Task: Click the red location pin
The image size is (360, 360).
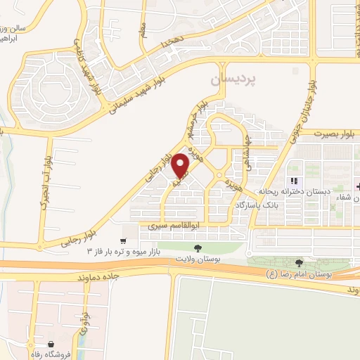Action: pos(181,165)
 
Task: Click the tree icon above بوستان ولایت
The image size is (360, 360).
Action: pos(198,247)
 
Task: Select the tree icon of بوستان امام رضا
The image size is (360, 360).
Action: pos(300,262)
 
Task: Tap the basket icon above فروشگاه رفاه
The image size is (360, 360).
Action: pos(51,345)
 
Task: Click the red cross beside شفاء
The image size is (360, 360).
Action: pos(358,187)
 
